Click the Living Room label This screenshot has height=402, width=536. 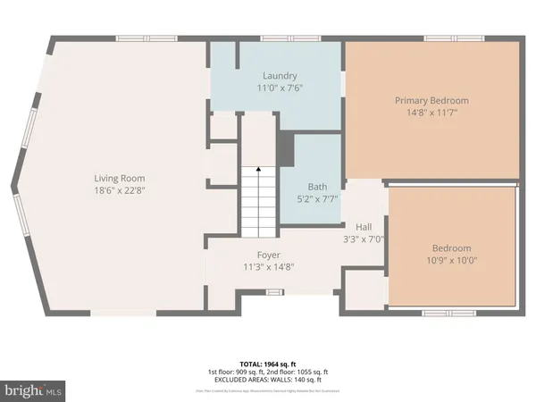click(121, 179)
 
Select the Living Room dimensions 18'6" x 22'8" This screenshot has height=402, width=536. click(121, 190)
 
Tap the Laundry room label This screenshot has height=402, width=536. click(280, 76)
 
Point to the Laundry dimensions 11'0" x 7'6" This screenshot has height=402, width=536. click(280, 88)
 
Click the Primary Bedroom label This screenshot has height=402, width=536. click(431, 101)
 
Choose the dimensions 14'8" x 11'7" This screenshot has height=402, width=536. click(431, 113)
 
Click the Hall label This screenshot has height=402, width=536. click(364, 227)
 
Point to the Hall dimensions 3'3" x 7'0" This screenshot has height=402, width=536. click(364, 239)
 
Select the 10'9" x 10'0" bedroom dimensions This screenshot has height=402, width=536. click(452, 260)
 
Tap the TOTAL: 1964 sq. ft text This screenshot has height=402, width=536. click(268, 364)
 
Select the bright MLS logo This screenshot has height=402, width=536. click(34, 390)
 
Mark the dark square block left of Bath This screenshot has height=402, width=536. click(286, 148)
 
